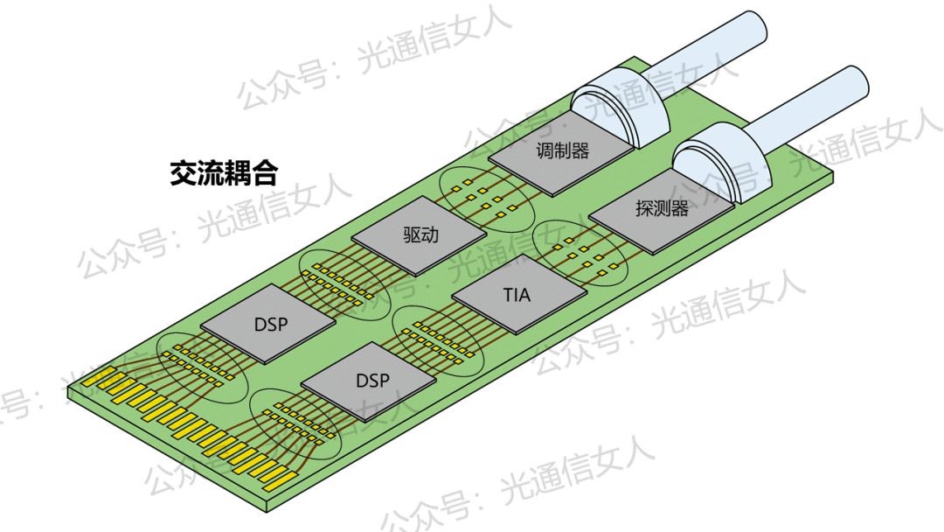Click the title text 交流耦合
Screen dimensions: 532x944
tap(224, 172)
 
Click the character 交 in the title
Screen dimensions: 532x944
tap(183, 172)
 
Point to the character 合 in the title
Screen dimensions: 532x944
tap(264, 172)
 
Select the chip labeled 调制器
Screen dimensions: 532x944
tap(561, 152)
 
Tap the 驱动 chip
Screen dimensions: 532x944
tap(420, 238)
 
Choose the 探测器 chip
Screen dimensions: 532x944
tap(661, 210)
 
